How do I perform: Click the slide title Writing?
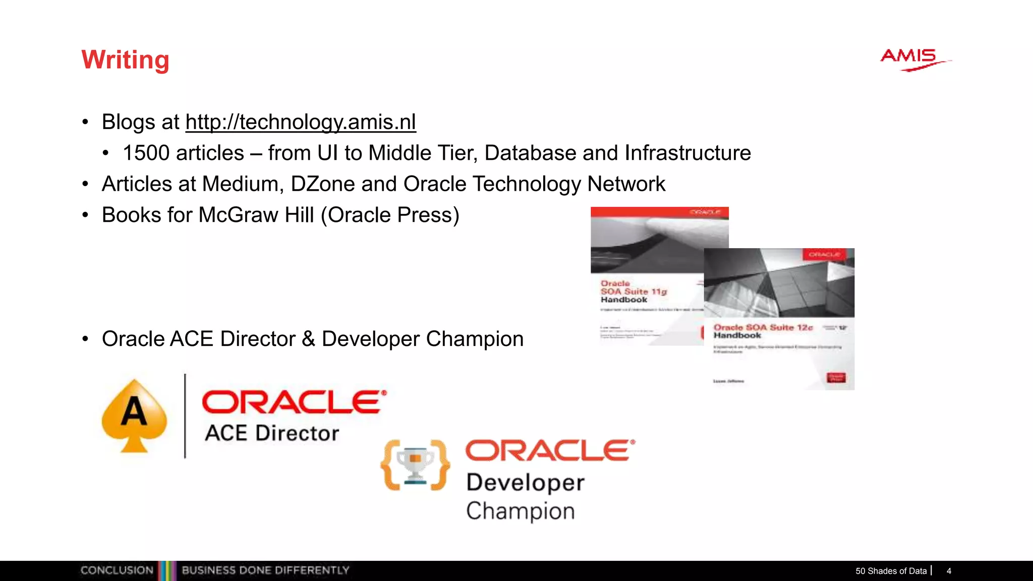125,60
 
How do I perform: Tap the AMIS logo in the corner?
912,59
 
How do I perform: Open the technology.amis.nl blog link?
301,122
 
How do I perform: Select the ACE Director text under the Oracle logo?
272,433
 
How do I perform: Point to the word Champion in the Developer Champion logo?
520,511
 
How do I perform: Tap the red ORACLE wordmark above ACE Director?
294,402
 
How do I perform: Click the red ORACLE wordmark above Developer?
549,450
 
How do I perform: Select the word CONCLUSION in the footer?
117,570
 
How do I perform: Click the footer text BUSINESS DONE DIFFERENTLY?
265,570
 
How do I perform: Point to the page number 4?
949,571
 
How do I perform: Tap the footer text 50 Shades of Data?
891,571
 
